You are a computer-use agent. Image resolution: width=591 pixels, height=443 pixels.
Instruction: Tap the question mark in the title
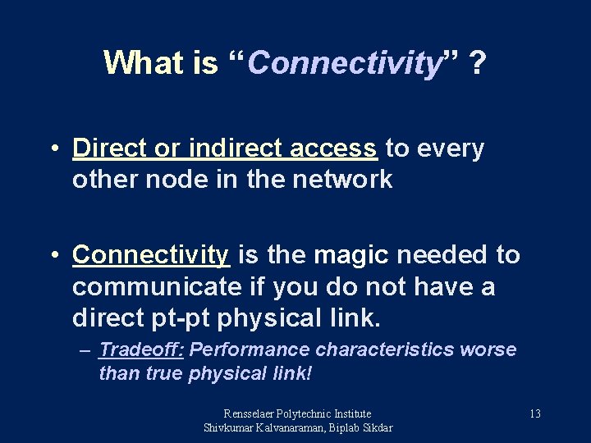(476, 62)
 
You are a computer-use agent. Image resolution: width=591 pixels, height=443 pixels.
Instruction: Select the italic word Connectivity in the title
(345, 63)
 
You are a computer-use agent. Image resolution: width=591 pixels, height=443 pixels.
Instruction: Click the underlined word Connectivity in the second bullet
(151, 255)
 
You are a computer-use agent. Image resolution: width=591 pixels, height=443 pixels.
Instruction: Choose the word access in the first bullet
(337, 148)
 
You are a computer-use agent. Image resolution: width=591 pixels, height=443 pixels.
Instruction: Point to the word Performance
(250, 350)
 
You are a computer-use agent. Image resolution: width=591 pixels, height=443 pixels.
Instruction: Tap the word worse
(488, 350)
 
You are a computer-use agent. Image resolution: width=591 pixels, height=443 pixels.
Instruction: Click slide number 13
(534, 414)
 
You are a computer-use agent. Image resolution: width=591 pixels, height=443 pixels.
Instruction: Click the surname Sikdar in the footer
(374, 428)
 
